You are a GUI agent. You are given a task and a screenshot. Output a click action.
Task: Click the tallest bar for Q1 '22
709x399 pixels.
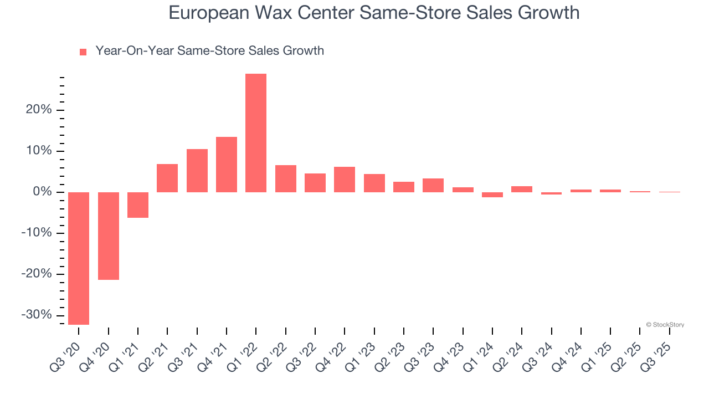pyautogui.click(x=256, y=133)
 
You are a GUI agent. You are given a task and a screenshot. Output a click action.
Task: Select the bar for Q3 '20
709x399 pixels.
pyautogui.click(x=79, y=258)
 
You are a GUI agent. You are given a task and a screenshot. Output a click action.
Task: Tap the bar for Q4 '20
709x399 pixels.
pyautogui.click(x=109, y=236)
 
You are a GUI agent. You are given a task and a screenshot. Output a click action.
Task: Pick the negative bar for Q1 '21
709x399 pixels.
pyautogui.click(x=138, y=205)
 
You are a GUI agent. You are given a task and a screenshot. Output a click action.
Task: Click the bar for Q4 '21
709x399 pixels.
pyautogui.click(x=227, y=165)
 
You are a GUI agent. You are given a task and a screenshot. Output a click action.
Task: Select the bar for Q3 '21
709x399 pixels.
pyautogui.click(x=197, y=171)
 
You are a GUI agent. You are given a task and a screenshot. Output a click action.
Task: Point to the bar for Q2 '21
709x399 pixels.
pyautogui.click(x=167, y=178)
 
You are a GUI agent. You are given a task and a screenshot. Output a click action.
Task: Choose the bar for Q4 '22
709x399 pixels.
pyautogui.click(x=345, y=180)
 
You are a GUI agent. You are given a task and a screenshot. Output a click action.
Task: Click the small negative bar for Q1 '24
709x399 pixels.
pyautogui.click(x=492, y=195)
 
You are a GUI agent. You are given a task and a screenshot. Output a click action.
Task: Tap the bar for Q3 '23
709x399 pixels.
pyautogui.click(x=433, y=185)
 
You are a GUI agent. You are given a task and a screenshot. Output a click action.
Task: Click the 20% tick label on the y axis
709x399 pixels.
pyautogui.click(x=39, y=110)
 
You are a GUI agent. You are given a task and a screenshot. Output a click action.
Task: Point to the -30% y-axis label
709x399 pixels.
pyautogui.click(x=37, y=315)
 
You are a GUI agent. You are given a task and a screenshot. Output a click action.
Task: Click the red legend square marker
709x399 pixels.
pyautogui.click(x=83, y=52)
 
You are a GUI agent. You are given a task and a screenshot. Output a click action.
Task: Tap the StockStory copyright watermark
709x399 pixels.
pyautogui.click(x=665, y=325)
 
